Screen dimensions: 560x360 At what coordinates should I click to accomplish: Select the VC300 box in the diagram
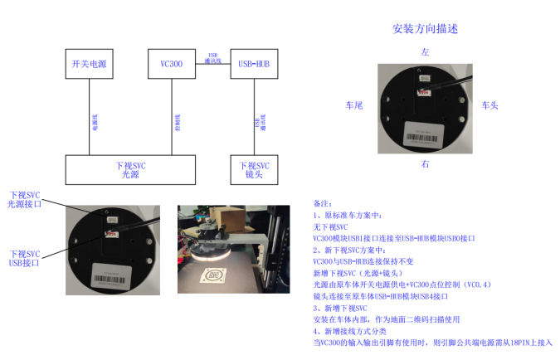tap(172, 64)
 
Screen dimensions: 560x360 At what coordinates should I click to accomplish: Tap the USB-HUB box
tap(253, 64)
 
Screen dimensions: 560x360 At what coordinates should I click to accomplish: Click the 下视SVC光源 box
tap(130, 169)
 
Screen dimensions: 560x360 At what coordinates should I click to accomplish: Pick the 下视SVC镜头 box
tap(253, 169)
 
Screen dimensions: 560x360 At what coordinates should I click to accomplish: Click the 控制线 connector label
tap(178, 121)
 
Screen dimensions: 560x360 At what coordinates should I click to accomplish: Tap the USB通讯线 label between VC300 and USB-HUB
tap(212, 56)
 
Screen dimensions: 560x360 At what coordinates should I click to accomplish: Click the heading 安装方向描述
tap(425, 29)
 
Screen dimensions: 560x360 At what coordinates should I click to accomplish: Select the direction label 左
tap(425, 52)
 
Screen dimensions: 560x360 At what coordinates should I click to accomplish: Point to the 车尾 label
tap(354, 106)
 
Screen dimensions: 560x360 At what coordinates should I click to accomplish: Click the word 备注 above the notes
tap(322, 202)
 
